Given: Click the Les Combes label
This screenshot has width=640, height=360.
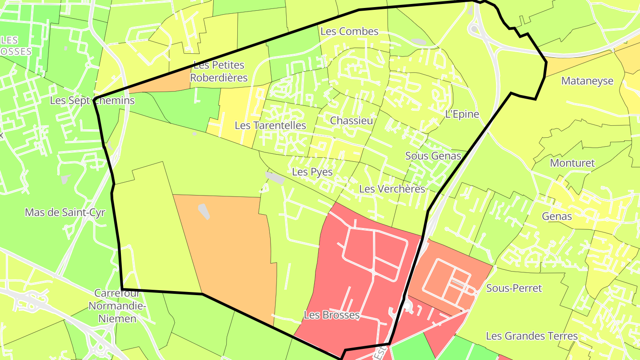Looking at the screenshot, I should coord(349,32).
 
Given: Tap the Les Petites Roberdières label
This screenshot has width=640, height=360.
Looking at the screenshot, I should coord(219,72).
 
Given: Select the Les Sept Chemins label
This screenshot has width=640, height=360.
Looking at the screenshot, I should coord(92,100).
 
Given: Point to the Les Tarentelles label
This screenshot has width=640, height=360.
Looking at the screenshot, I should coord(270,125).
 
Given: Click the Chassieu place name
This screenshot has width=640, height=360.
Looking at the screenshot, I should coord(351,120).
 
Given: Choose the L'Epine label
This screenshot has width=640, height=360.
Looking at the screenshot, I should coord(462,114).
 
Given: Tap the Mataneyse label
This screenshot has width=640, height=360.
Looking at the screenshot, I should coord(587,81).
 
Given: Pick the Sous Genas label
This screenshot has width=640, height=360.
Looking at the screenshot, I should coord(433,156).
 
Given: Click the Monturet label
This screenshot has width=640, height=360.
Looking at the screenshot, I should coord(572,163).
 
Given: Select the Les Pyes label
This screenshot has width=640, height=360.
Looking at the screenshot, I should coord(312,172).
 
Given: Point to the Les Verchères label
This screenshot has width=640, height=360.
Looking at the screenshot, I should coord(392,189).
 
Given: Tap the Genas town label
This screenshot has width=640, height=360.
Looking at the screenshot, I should coord(557,216).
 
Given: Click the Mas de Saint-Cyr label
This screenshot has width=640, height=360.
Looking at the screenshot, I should coord(65,212).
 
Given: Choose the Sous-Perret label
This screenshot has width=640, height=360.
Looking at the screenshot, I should coord(514,288).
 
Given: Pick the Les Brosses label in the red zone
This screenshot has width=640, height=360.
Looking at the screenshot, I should coord(332,315).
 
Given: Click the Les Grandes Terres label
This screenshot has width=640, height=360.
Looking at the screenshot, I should coord(532,336).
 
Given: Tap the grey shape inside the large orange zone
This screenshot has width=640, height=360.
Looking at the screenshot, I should coord(204,212).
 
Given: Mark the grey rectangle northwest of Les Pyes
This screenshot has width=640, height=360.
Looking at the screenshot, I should coord(275,178).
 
